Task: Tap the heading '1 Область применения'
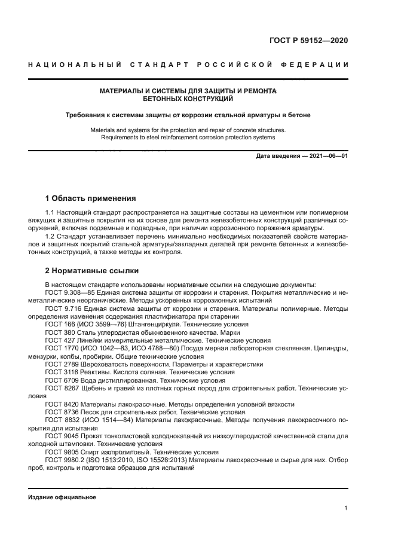[x=91, y=198]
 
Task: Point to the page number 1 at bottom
[x=346, y=508]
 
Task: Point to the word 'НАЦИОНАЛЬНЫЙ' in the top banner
[x=75, y=65]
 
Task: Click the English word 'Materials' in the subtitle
[x=105, y=130]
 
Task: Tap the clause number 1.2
[x=50, y=237]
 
